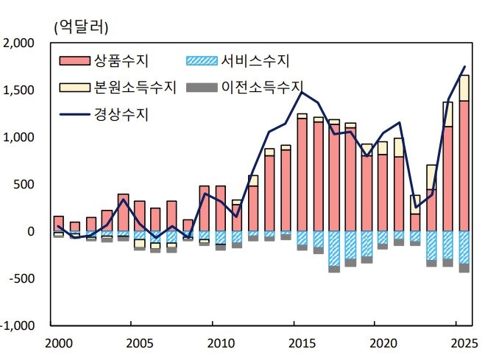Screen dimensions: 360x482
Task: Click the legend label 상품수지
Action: tap(122, 60)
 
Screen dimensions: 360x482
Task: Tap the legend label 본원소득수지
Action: tap(135, 87)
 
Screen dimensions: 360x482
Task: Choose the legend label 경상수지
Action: tap(122, 114)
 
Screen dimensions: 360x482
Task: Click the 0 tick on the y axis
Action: tap(31, 232)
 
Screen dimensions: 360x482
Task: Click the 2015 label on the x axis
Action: tap(301, 343)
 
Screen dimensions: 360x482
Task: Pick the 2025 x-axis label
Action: tap(464, 343)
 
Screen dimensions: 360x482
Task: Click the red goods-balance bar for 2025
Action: tap(464, 166)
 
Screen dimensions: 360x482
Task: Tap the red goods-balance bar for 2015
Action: tap(302, 174)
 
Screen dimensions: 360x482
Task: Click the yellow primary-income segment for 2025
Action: tap(464, 88)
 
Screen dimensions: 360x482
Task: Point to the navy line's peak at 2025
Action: tap(464, 67)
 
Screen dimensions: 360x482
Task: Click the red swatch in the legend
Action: tap(74, 60)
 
